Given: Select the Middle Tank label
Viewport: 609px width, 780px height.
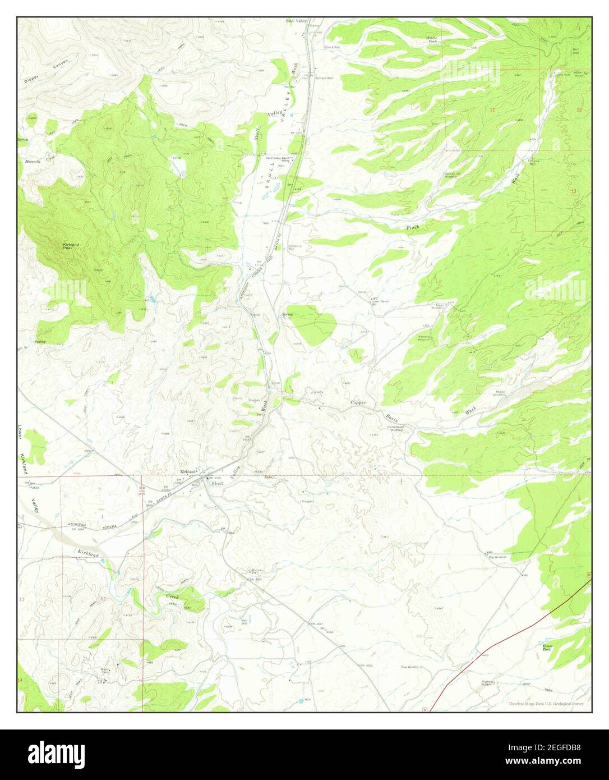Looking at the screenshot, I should (x=432, y=39).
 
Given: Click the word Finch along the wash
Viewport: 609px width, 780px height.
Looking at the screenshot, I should (x=413, y=227).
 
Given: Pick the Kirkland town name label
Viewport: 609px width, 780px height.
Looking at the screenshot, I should (x=190, y=471).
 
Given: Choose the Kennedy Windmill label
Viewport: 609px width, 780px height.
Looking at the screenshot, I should (x=424, y=338).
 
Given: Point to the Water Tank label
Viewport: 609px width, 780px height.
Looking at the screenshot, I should (x=104, y=670).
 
